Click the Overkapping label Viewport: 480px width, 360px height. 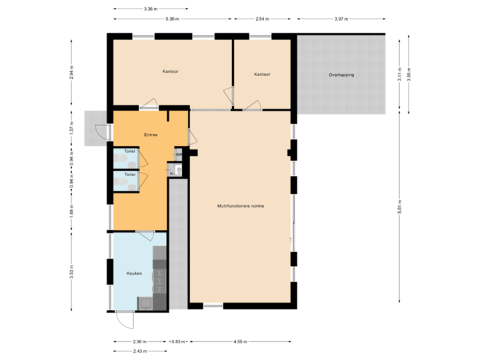[x=341, y=75]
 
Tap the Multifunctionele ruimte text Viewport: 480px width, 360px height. [x=241, y=206]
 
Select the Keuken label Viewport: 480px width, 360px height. [x=135, y=273]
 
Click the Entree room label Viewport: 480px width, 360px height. [x=151, y=135]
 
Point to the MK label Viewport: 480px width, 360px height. [x=178, y=155]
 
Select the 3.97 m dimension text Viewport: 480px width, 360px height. [x=341, y=19]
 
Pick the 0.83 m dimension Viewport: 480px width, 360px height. [x=177, y=341]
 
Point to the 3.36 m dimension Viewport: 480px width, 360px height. [x=151, y=9]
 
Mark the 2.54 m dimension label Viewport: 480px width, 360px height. [x=262, y=19]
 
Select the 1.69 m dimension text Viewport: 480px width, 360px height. [x=71, y=211]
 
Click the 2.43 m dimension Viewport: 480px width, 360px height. [x=140, y=350]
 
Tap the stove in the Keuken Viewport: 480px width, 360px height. [x=159, y=283]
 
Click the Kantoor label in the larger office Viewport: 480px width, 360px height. [x=171, y=71]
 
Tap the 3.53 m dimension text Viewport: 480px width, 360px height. [x=71, y=272]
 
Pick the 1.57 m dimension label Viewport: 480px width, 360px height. [x=71, y=128]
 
